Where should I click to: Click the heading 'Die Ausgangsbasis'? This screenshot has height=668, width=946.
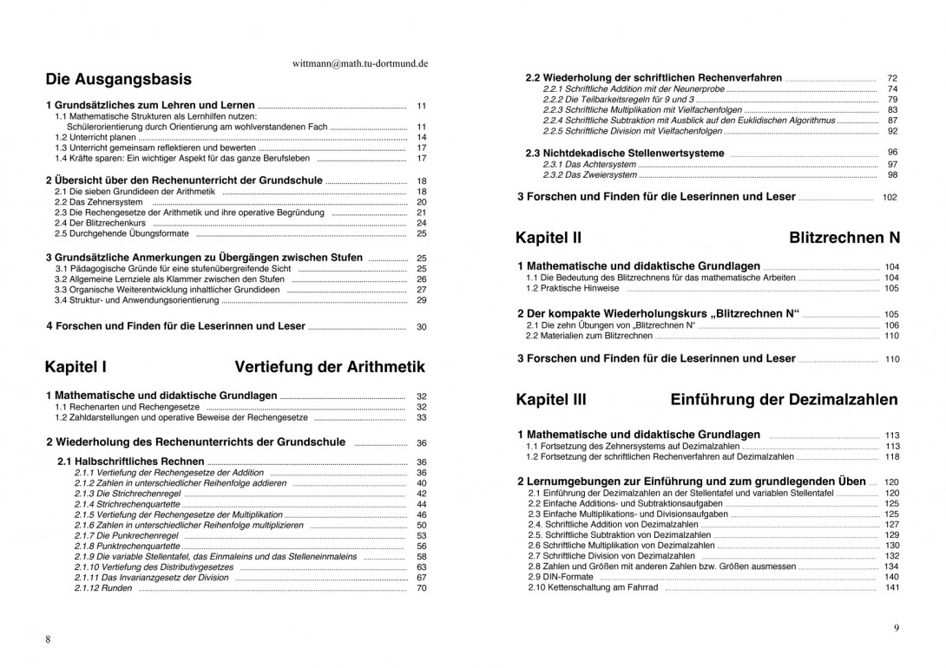[119, 80]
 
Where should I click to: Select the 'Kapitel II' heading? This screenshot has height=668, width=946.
[549, 238]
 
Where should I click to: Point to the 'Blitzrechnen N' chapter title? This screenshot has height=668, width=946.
[844, 238]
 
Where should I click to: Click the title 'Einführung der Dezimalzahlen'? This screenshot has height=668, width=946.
[784, 400]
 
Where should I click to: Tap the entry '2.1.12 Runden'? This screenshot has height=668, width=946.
[103, 588]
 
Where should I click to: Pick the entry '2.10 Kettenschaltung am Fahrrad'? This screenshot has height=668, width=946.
[593, 588]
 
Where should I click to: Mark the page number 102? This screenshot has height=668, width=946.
[890, 198]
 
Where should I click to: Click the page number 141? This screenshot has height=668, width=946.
[891, 588]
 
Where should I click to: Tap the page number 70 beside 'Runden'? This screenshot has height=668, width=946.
[422, 588]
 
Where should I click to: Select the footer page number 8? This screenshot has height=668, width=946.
[48, 639]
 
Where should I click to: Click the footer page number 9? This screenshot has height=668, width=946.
[897, 627]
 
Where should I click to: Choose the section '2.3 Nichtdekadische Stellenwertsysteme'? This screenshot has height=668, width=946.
[625, 154]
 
